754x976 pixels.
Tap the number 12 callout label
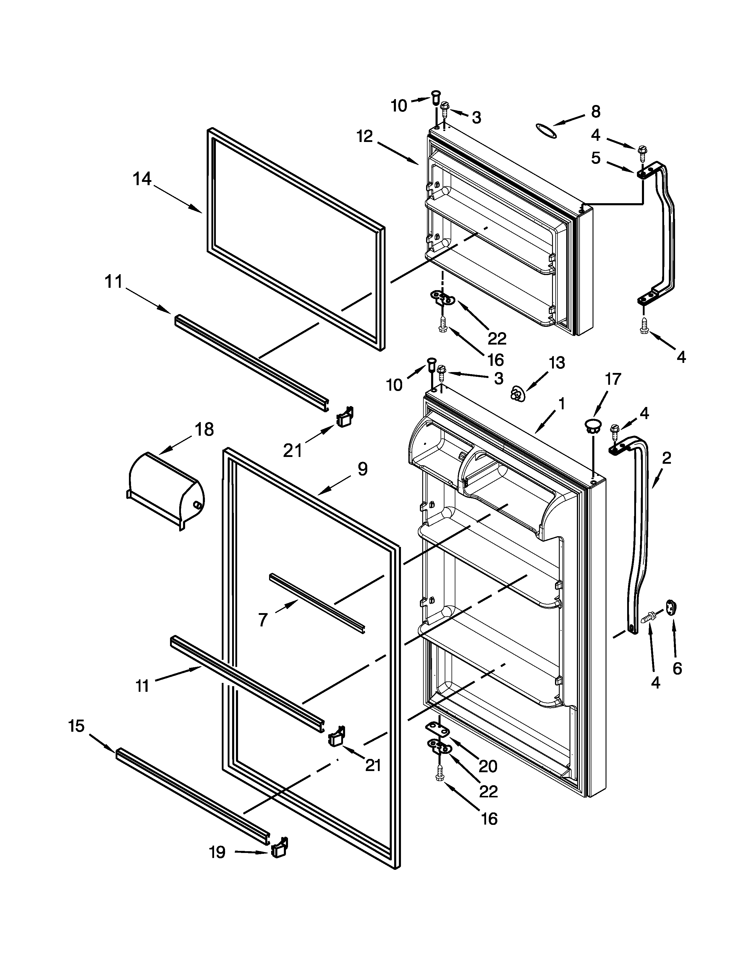365,136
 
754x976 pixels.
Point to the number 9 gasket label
362,469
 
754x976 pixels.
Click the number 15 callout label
76,726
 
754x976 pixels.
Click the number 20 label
488,766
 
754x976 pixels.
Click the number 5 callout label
596,158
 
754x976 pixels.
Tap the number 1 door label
562,404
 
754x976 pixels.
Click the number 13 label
556,362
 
